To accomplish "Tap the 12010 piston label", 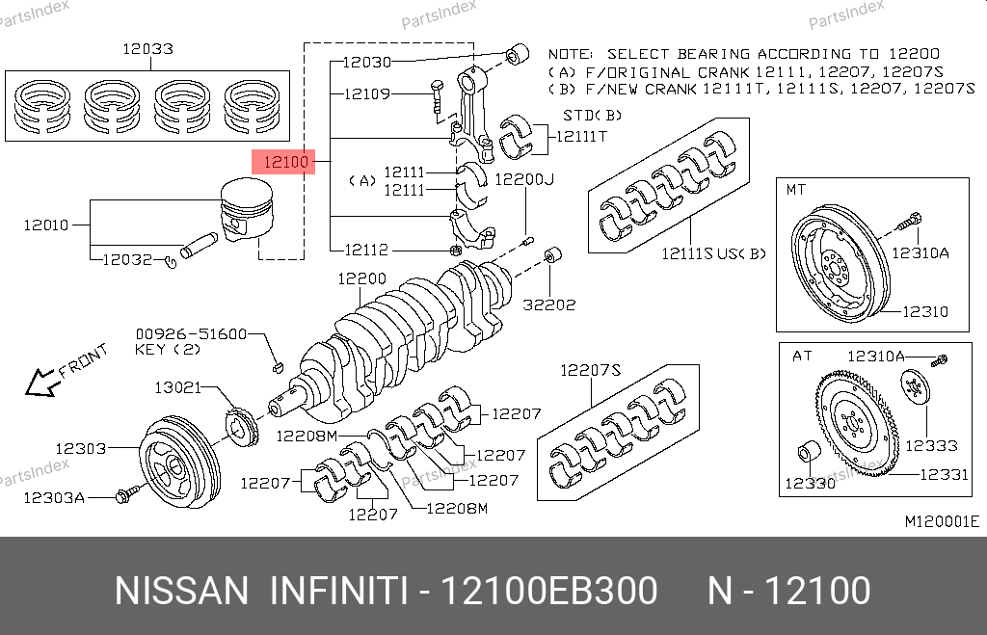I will point(45,225).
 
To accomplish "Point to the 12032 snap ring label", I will point(127,259).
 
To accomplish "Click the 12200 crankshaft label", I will point(361,279).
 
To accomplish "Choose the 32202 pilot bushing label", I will point(550,304).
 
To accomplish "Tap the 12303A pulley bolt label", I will point(55,497).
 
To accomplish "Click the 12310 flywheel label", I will point(925,311).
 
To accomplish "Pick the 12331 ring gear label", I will point(943,474).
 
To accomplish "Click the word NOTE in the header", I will point(570,54).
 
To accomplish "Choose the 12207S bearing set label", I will point(590,369).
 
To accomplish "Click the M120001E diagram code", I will point(941,521).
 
